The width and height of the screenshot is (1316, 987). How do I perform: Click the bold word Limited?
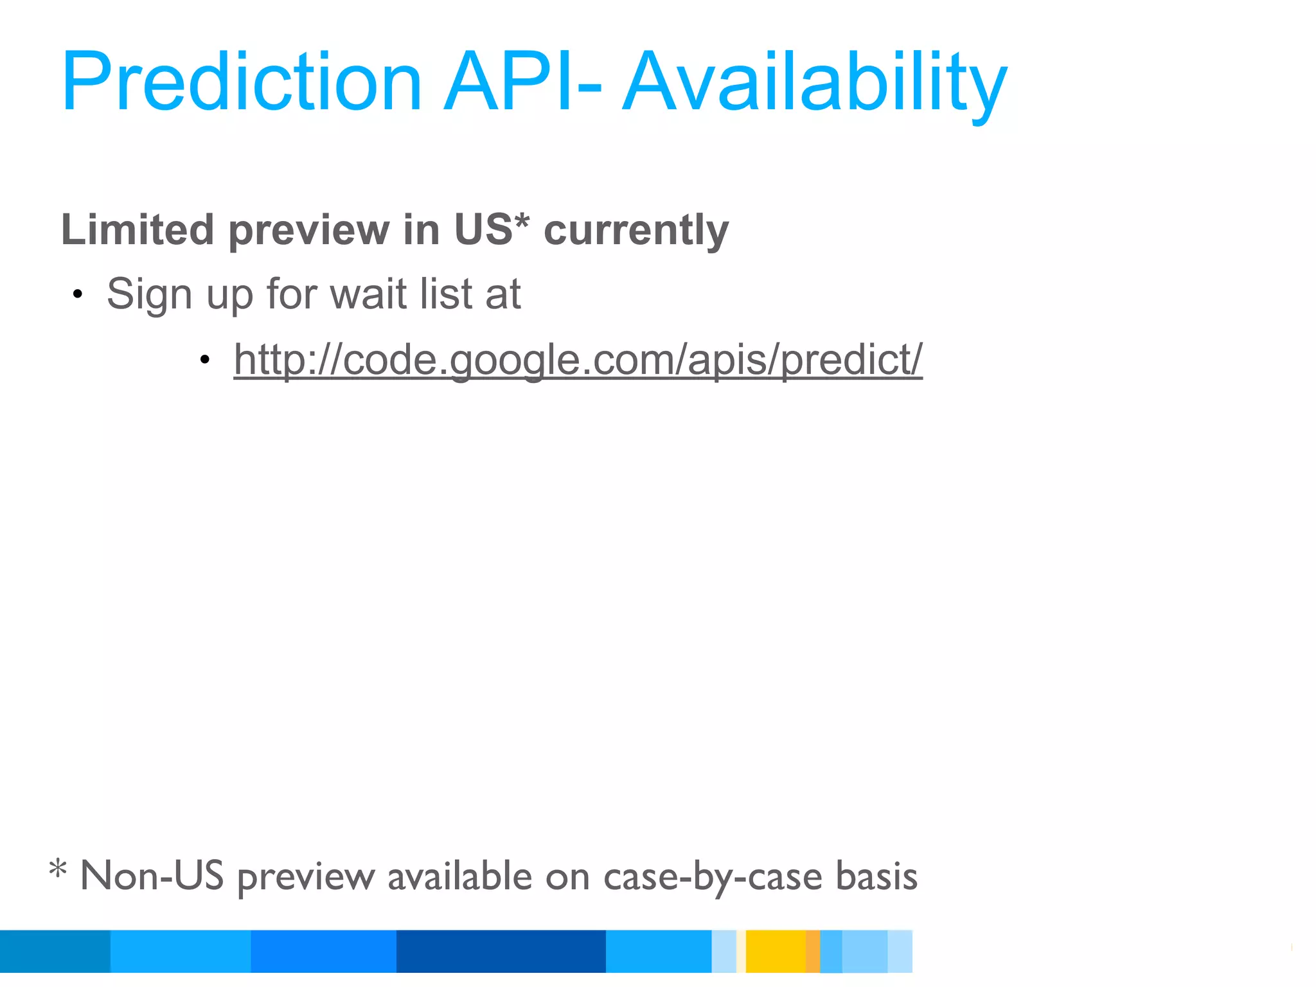pos(138,229)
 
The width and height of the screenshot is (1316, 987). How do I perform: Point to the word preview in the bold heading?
pos(308,231)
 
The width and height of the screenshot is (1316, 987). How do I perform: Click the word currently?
pos(636,231)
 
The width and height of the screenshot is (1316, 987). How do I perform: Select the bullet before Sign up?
pos(78,295)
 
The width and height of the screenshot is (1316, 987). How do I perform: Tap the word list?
pos(447,294)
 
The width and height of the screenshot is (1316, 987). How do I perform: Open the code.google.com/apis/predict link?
pos(578,359)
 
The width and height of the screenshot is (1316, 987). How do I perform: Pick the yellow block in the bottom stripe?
pos(776,951)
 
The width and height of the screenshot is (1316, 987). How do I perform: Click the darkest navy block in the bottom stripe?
pos(501,951)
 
